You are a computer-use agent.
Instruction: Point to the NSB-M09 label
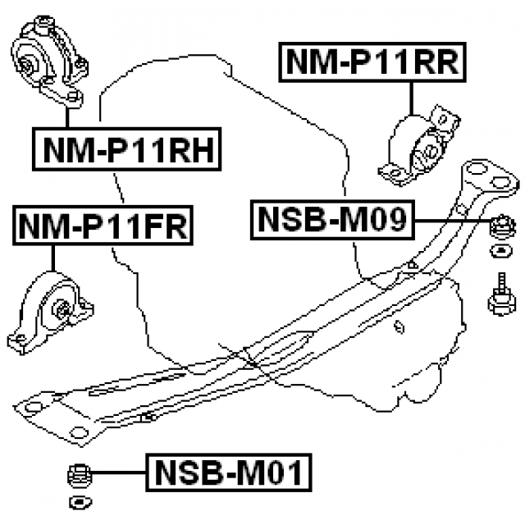click(333, 220)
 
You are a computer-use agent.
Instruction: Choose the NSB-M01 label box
click(228, 473)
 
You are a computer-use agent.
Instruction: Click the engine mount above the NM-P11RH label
click(51, 61)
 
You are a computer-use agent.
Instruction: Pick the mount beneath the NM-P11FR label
click(52, 313)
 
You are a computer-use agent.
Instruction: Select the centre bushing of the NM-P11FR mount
click(62, 310)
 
